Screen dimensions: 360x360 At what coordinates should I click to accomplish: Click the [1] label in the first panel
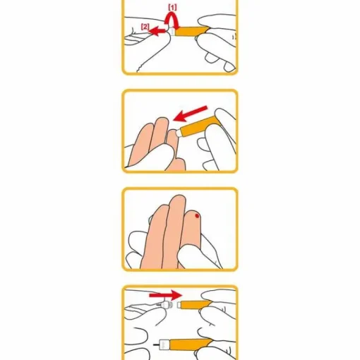172,8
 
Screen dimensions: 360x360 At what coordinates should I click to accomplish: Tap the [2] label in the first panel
145,27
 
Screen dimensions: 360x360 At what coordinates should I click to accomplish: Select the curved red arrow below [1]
172,20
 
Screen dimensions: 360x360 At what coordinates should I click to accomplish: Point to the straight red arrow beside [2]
157,30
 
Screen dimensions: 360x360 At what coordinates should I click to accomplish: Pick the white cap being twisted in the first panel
172,31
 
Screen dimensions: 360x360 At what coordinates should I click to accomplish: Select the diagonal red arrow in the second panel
190,114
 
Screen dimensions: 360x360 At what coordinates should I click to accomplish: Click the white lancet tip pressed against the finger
179,133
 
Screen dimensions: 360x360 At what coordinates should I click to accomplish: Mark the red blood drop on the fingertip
197,215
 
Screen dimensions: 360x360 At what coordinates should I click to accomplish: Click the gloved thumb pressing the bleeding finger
193,256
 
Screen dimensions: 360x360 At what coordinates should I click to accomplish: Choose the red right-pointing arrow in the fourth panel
166,295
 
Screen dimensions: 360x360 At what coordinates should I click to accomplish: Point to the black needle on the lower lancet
156,345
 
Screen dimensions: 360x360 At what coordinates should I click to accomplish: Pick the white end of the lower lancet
164,345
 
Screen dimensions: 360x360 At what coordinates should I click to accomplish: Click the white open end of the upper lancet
179,305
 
